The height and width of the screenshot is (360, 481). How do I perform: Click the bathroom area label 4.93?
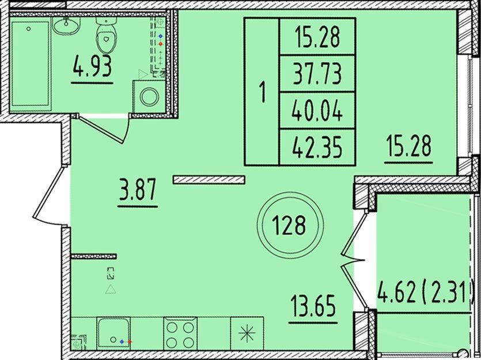tap(92, 69)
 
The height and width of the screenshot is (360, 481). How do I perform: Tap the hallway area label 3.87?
tap(138, 190)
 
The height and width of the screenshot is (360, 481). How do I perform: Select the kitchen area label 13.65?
tap(313, 306)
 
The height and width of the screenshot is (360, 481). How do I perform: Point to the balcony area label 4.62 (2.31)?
tap(425, 293)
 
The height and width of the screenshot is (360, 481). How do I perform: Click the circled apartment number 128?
tap(290, 225)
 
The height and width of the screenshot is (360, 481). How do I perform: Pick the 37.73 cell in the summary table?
tap(317, 74)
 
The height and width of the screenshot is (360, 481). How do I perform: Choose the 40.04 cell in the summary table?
tap(317, 110)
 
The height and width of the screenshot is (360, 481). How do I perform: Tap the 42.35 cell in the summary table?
tap(317, 147)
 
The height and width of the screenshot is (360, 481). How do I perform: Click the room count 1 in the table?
tap(262, 92)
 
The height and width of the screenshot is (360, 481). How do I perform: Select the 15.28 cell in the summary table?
tap(317, 37)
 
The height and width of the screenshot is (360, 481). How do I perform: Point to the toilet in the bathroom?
tap(106, 35)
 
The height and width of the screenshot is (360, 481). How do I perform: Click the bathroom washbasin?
tap(66, 25)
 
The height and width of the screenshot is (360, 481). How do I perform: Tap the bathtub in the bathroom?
tap(30, 64)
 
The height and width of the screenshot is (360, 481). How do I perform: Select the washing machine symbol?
tap(149, 97)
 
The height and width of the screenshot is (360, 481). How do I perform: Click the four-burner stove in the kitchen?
tap(180, 334)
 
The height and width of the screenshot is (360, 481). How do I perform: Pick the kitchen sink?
tap(113, 334)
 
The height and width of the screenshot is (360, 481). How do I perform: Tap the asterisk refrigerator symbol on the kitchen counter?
tap(247, 334)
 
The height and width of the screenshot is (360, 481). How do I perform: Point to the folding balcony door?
tap(354, 260)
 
